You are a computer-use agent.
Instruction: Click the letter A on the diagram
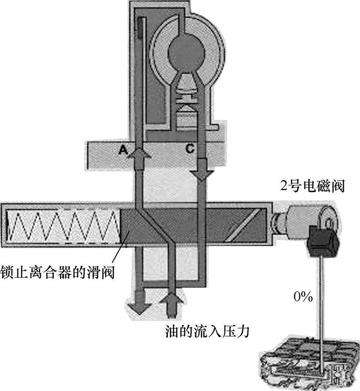[123, 149]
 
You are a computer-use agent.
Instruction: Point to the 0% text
[303, 297]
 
